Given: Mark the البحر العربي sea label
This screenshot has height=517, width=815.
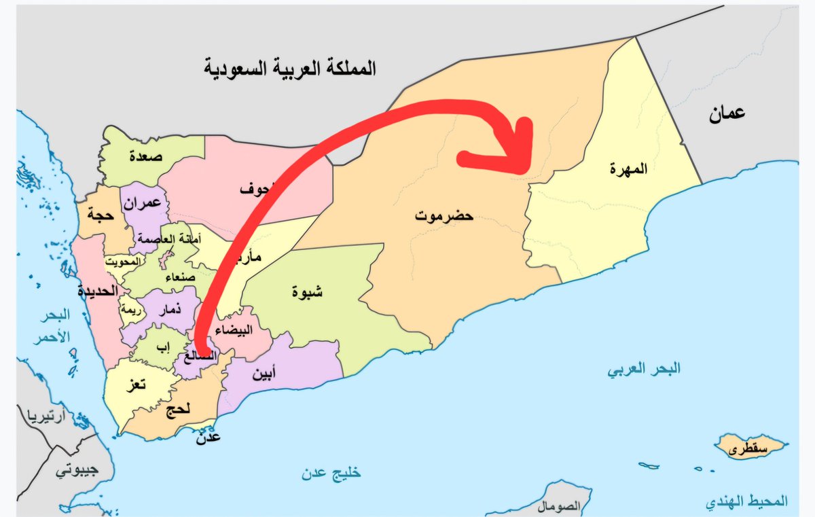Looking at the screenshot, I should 644,370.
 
